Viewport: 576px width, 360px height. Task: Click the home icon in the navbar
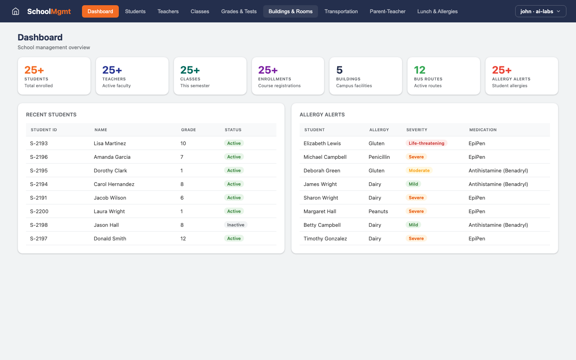pyautogui.click(x=16, y=11)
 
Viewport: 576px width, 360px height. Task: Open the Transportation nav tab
pyautogui.click(x=341, y=11)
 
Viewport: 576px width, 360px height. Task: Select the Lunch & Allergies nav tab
pyautogui.click(x=437, y=11)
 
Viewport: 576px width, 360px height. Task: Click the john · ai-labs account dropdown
pyautogui.click(x=540, y=11)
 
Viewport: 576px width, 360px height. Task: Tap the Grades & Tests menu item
pyautogui.click(x=239, y=11)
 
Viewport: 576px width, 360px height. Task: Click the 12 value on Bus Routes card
pyautogui.click(x=420, y=70)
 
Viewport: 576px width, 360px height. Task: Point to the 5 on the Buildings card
pyautogui.click(x=339, y=70)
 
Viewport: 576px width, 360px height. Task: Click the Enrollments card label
pyautogui.click(x=274, y=79)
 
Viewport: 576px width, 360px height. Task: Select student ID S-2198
pyautogui.click(x=39, y=225)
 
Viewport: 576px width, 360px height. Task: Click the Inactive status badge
pyautogui.click(x=236, y=225)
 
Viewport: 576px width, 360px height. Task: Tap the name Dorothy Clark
pyautogui.click(x=110, y=170)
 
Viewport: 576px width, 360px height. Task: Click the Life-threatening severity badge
pyautogui.click(x=426, y=143)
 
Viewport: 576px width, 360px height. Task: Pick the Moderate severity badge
pyautogui.click(x=419, y=170)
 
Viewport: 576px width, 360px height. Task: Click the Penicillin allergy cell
pyautogui.click(x=379, y=157)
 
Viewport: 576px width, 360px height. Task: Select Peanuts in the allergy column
pyautogui.click(x=378, y=211)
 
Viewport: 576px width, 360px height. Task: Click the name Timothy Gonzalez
pyautogui.click(x=325, y=238)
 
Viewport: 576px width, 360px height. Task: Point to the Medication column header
pyautogui.click(x=483, y=130)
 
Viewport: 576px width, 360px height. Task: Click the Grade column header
pyautogui.click(x=188, y=130)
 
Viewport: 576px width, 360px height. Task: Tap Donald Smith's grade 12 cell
pyautogui.click(x=183, y=238)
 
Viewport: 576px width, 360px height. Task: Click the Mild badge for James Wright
pyautogui.click(x=413, y=184)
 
